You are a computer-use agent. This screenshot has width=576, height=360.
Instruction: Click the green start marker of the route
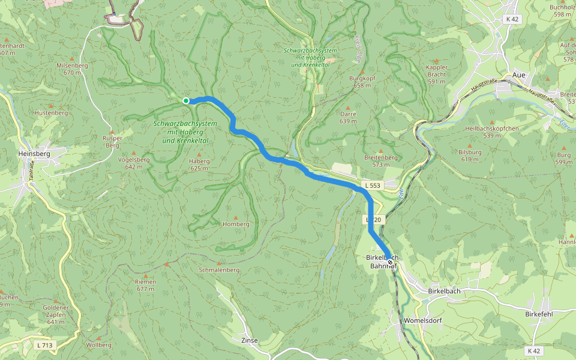pos(186,100)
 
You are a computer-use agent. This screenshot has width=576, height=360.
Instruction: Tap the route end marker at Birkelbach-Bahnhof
pos(390,262)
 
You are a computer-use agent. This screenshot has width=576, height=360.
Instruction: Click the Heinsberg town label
pos(34,154)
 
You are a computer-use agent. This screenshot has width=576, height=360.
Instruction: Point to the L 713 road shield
pos(44,344)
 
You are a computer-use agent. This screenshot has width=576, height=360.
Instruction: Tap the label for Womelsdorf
pos(423,320)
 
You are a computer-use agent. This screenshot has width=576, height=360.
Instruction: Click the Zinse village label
pos(249,340)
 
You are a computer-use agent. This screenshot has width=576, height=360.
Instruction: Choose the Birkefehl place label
pos(538,314)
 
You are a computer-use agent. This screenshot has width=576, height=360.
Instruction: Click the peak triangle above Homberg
pos(236,217)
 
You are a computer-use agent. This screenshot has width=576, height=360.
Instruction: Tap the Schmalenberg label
pos(219,270)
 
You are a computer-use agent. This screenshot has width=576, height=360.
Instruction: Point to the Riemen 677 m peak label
pos(146,285)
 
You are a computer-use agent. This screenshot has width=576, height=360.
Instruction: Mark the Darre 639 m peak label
pos(348,117)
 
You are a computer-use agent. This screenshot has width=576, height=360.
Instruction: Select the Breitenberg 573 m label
pos(380,160)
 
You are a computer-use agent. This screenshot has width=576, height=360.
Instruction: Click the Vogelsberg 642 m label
pos(134,163)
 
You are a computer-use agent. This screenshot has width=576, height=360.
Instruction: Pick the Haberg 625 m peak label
pos(199,164)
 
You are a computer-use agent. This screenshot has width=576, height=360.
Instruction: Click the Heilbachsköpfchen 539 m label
pos(492,132)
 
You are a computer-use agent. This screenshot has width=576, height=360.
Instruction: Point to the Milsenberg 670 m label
pos(71,68)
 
